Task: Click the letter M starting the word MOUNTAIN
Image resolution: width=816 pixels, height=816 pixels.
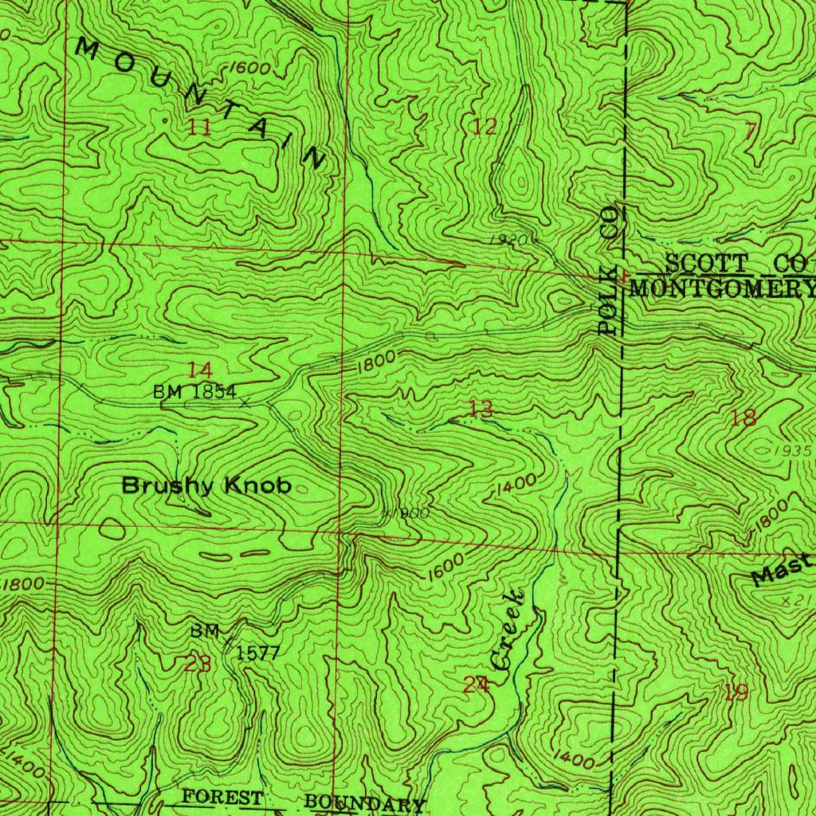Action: [88, 51]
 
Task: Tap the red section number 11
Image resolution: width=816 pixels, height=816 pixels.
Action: [199, 127]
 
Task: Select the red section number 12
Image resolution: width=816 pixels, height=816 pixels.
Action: [484, 126]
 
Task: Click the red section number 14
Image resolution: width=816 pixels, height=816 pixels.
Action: [200, 369]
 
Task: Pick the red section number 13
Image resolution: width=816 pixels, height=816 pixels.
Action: [480, 410]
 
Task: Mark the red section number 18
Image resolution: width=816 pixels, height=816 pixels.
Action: [743, 418]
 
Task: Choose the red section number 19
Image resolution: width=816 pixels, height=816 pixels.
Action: [736, 692]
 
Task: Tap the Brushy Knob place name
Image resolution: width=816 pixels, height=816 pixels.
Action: [206, 485]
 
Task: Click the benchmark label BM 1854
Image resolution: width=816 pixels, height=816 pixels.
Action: [194, 392]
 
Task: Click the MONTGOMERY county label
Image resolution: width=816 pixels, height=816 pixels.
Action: [722, 288]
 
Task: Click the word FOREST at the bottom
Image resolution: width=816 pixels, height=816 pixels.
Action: [222, 797]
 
